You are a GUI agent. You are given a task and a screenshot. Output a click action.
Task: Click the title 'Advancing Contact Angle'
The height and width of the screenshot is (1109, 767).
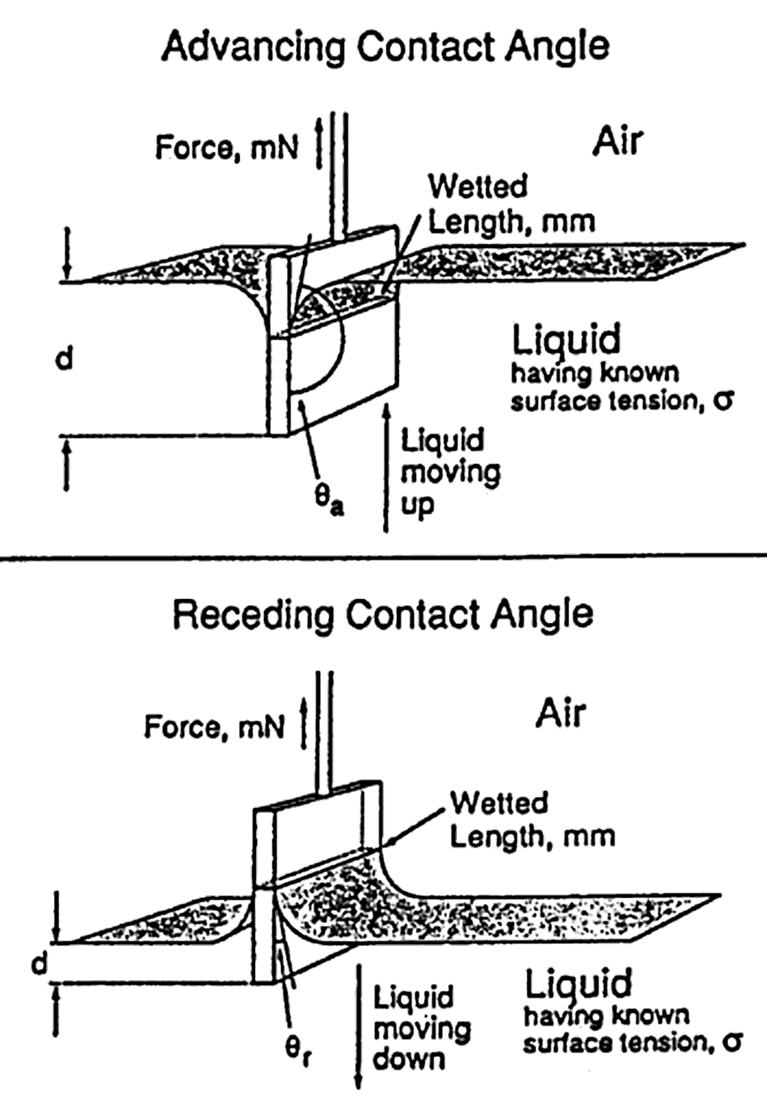[x=385, y=47]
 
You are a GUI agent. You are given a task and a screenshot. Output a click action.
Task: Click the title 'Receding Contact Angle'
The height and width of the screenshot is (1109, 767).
[x=383, y=614]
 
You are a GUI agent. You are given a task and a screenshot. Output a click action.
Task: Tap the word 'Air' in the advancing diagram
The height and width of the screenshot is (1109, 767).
[x=617, y=141]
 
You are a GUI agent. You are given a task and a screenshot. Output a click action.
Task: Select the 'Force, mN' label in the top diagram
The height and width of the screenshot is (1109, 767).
[x=227, y=148]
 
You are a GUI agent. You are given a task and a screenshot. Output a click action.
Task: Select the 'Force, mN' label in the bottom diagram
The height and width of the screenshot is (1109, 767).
[x=214, y=726]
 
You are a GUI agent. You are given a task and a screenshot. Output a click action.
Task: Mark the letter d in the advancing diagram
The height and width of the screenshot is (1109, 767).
[x=64, y=360]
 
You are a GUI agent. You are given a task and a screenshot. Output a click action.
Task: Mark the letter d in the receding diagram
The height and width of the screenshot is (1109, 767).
[x=40, y=963]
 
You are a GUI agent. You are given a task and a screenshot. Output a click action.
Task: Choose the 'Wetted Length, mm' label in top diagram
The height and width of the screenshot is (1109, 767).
[x=510, y=204]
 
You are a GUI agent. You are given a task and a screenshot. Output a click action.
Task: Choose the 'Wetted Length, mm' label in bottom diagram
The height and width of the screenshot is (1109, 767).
[x=532, y=820]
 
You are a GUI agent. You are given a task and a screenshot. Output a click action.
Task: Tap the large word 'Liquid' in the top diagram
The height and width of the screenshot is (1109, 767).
[x=566, y=340]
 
